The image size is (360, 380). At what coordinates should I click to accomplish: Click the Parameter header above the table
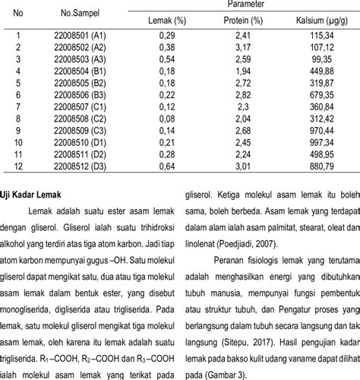pos(240,5)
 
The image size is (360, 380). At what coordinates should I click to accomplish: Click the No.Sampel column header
pos(78,14)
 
